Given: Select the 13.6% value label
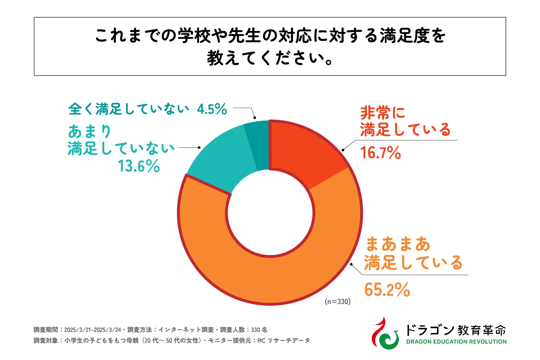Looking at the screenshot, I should pyautogui.click(x=139, y=166).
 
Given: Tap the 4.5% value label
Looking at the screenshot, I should pyautogui.click(x=212, y=109).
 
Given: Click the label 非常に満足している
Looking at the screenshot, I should pyautogui.click(x=405, y=121).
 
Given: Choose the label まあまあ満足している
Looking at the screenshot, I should pyautogui.click(x=413, y=253).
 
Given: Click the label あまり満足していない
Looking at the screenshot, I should pyautogui.click(x=121, y=140).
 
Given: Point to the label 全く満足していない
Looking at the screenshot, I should pyautogui.click(x=129, y=109).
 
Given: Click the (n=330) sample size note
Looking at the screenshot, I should pyautogui.click(x=337, y=301).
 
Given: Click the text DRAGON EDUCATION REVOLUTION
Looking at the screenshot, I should pyautogui.click(x=456, y=342).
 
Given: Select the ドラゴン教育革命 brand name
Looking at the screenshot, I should pyautogui.click(x=456, y=330).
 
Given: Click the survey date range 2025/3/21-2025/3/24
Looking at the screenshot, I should pyautogui.click(x=93, y=330).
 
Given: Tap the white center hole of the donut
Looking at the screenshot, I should pyautogui.click(x=270, y=213).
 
